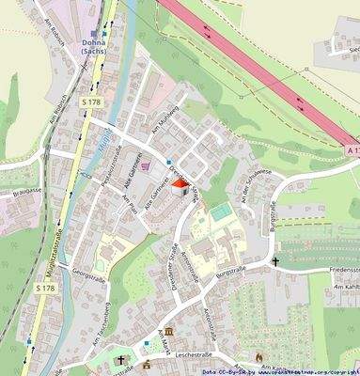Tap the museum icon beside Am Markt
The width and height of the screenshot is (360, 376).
[x=168, y=334]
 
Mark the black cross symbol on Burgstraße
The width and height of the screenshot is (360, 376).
[x=277, y=261]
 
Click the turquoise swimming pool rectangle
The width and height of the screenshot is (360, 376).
[x=220, y=214]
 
